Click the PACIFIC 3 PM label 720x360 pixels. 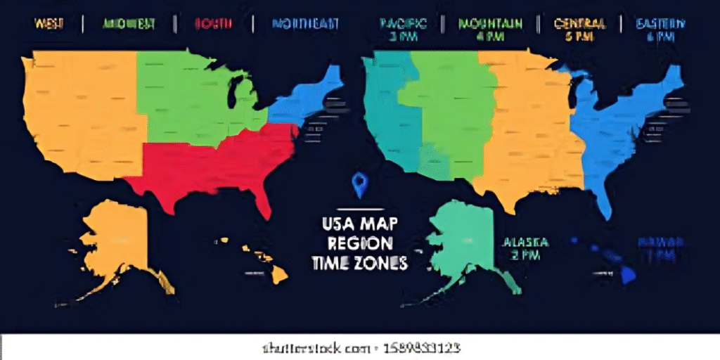[402, 30]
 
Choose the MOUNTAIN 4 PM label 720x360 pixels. [490, 30]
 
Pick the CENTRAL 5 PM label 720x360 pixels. [579, 30]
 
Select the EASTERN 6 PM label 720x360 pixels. [661, 30]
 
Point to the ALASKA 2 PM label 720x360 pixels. [525, 249]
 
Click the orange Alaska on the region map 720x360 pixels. [116, 239]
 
